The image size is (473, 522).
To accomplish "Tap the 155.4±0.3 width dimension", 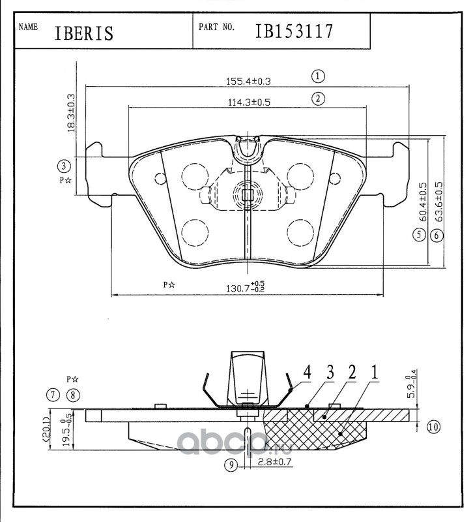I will point(248,82).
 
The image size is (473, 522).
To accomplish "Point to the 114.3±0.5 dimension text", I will point(248,102).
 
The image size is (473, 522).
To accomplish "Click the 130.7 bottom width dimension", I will point(246,286).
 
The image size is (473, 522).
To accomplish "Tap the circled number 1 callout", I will point(318,76).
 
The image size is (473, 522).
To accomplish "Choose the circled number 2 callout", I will point(318,99).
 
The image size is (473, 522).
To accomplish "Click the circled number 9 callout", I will point(229,465).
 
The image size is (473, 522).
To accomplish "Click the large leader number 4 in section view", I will point(306,373).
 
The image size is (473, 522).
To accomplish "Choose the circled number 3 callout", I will point(63,165).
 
